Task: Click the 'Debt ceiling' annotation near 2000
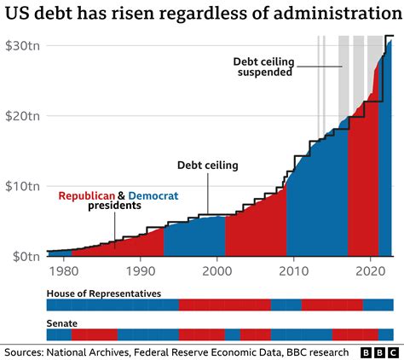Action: click(207, 165)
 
